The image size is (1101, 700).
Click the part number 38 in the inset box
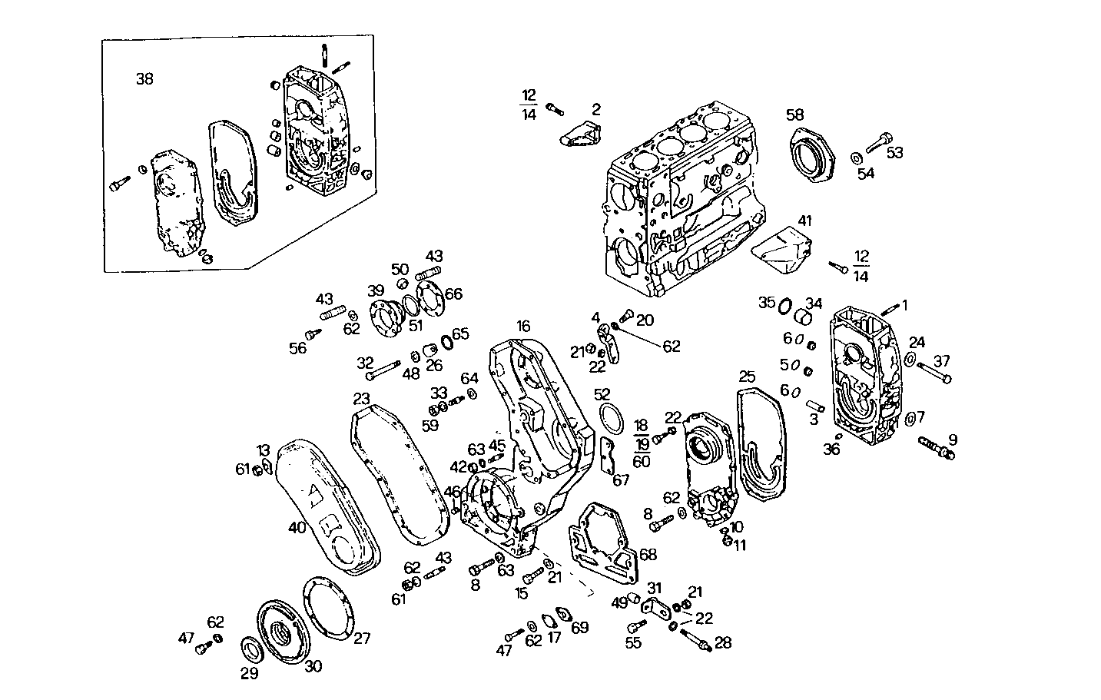[144, 78]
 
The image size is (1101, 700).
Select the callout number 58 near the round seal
[794, 114]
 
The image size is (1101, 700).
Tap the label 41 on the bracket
[804, 221]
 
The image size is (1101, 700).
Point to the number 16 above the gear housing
[523, 327]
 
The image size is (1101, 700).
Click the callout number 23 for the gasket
[362, 399]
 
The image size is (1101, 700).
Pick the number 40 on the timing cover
[297, 527]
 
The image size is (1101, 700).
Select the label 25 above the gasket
[748, 377]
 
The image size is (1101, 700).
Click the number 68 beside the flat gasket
[648, 554]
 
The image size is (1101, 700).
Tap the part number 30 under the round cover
[313, 667]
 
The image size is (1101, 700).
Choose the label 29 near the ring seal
[250, 674]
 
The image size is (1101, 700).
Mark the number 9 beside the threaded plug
[953, 440]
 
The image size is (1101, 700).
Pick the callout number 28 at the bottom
[723, 642]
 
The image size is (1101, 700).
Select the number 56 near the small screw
[297, 348]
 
